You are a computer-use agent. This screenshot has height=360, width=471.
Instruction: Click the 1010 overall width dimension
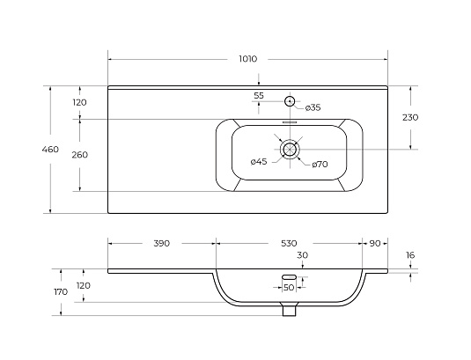click(248, 59)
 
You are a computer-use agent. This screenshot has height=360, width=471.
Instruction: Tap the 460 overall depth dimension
click(50, 149)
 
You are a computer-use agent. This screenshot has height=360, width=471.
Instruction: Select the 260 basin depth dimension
click(80, 155)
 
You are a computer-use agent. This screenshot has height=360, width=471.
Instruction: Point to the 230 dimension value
click(410, 117)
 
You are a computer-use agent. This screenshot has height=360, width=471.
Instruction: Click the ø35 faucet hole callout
click(313, 107)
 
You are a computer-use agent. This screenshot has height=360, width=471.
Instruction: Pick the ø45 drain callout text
click(259, 162)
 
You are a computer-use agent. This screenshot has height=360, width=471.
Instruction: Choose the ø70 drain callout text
click(320, 165)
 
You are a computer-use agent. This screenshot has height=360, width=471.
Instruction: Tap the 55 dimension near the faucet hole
click(259, 95)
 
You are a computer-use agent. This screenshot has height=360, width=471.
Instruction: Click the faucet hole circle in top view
click(290, 101)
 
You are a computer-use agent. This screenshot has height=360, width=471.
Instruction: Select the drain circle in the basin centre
click(290, 149)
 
